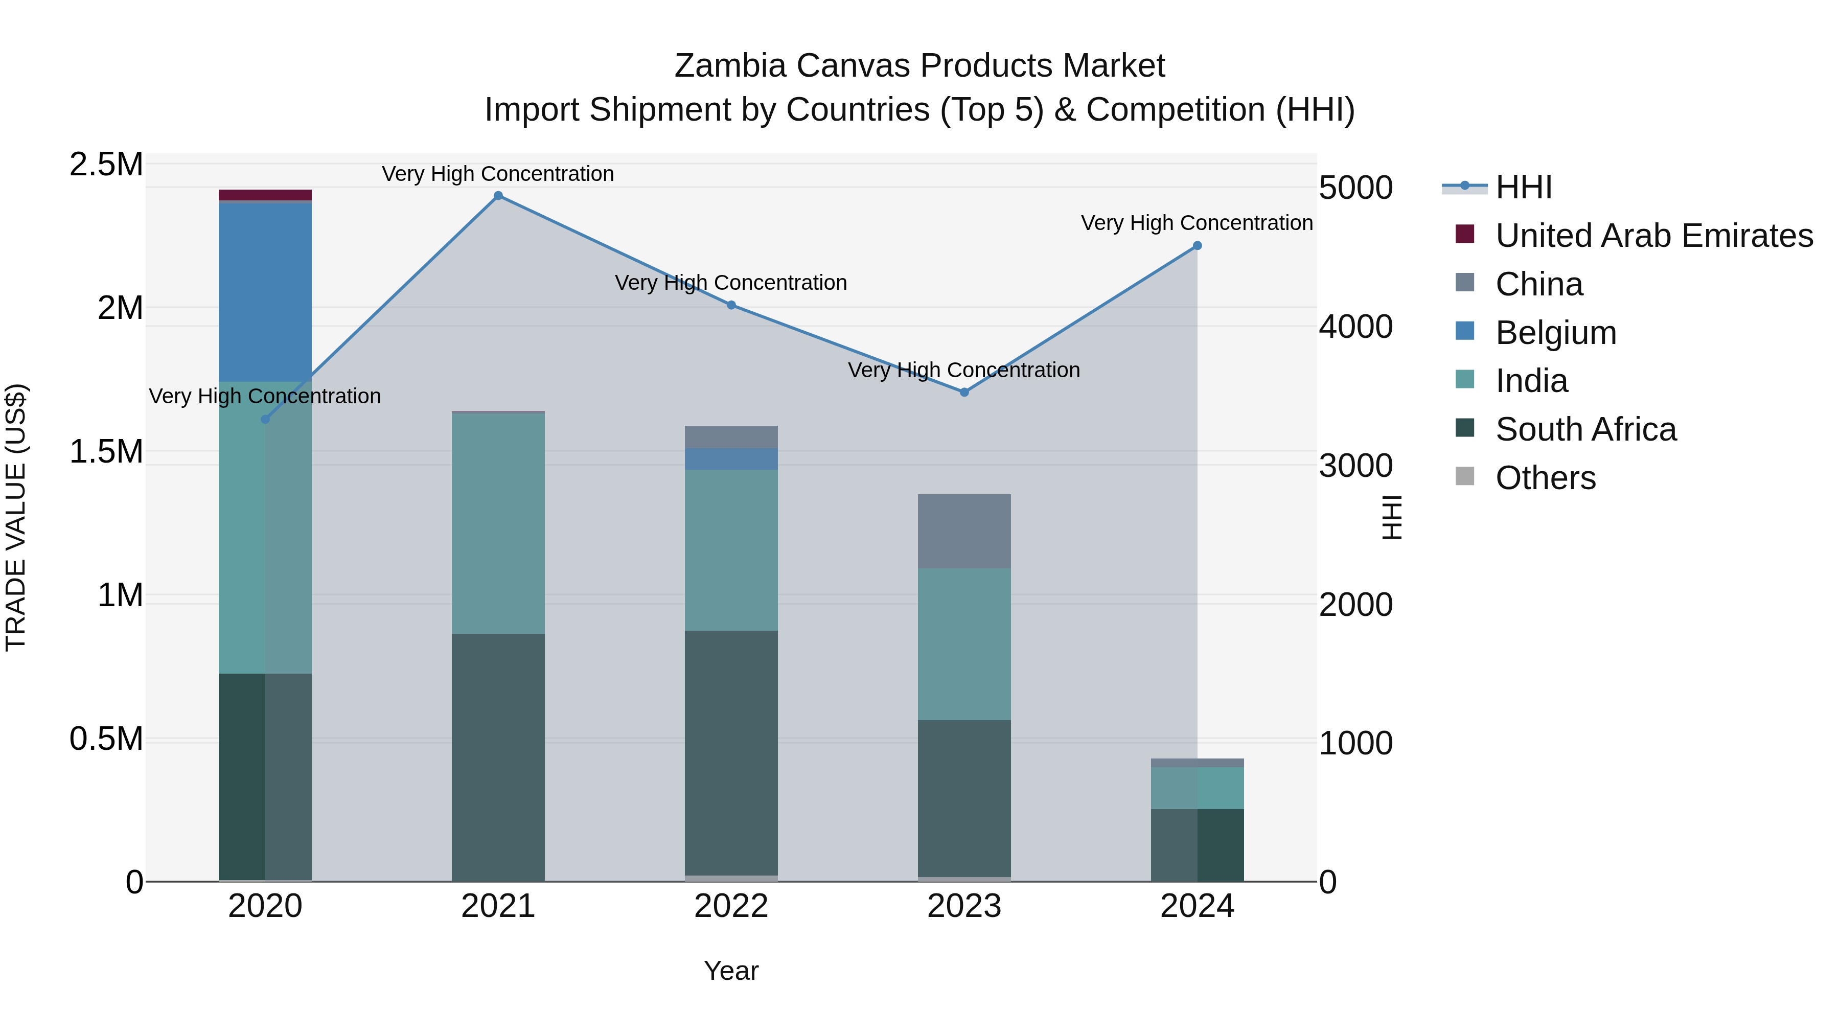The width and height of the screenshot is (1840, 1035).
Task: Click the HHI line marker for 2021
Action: tap(498, 196)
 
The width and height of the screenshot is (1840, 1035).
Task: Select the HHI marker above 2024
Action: tap(1197, 246)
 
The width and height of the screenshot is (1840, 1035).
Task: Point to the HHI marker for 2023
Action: tap(964, 392)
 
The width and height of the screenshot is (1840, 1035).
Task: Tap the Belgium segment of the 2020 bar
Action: tap(265, 292)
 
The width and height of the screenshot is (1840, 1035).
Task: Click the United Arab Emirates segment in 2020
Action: tap(265, 195)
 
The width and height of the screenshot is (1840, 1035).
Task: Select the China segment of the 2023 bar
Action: tap(964, 532)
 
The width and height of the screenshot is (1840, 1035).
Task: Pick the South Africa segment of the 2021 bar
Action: tap(498, 757)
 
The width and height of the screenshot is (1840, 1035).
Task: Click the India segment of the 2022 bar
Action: tap(731, 550)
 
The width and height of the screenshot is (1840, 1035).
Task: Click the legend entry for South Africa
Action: tap(1585, 429)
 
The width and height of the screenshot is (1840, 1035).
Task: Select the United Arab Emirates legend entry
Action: tap(1653, 236)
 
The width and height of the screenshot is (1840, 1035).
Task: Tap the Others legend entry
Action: tap(1545, 478)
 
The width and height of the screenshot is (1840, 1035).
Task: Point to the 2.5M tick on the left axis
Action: tap(106, 164)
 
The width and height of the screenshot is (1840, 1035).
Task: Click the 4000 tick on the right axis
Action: tap(1355, 327)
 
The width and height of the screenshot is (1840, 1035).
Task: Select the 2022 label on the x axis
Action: tap(731, 906)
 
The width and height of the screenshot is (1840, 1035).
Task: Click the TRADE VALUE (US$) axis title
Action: tap(16, 517)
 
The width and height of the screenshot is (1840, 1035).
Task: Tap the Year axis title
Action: tap(731, 971)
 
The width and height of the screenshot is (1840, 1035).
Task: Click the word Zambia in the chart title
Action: tap(729, 66)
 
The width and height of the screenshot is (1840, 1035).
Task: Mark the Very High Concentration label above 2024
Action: tap(1197, 223)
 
